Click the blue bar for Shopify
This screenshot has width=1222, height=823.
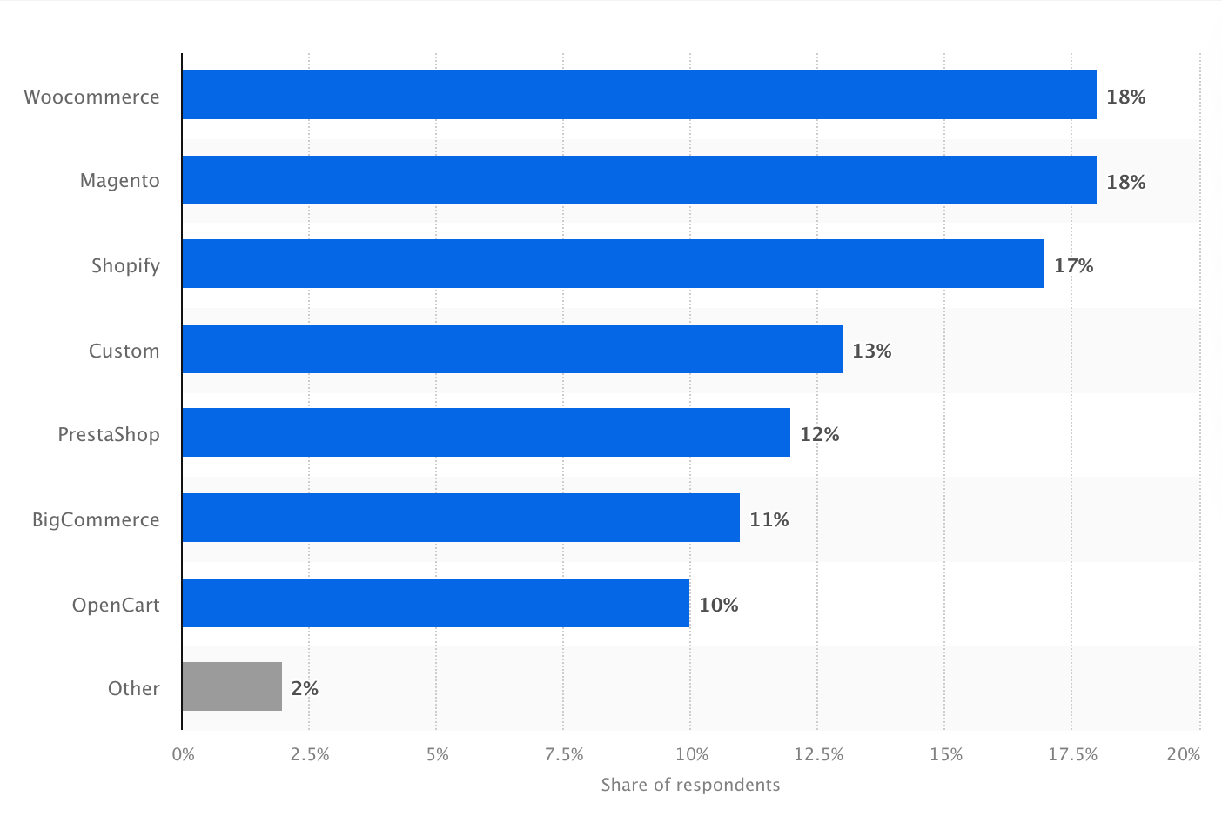coord(613,264)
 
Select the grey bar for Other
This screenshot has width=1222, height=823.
coord(232,686)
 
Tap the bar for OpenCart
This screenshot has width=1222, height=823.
coord(435,603)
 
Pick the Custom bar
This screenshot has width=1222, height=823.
coord(512,349)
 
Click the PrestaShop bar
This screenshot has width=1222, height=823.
coord(486,432)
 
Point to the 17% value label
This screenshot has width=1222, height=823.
coord(1073,265)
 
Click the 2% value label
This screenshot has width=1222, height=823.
coord(305,688)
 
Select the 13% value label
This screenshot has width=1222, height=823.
coord(871,351)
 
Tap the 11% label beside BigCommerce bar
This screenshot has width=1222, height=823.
coord(769,519)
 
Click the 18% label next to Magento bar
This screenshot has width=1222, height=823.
coord(1125,182)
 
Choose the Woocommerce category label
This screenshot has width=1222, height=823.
coord(91,97)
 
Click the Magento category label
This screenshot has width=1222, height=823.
coord(120,181)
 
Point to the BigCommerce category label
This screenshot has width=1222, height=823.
coord(96,519)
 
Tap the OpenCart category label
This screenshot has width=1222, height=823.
coord(116,605)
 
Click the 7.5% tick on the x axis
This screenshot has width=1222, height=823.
coord(563,754)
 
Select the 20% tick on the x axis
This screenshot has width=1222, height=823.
coord(1183,754)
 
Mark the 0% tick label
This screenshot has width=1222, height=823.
coord(184,754)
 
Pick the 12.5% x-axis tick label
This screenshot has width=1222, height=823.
coord(818,754)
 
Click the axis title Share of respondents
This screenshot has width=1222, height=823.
coord(690,785)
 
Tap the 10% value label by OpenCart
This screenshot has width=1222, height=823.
coord(718,605)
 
